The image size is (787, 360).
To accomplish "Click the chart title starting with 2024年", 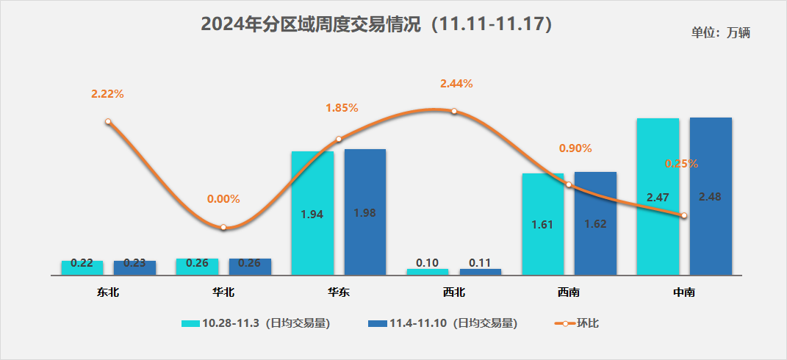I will [x=375, y=24].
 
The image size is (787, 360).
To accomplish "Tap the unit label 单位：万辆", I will [x=720, y=33].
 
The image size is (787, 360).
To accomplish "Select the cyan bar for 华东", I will [x=312, y=213].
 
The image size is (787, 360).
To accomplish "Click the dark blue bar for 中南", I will [x=711, y=196].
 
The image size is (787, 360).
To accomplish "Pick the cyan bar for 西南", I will [x=543, y=224].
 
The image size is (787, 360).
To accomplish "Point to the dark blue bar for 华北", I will [x=250, y=266].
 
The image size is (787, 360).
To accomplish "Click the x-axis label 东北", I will [x=107, y=292].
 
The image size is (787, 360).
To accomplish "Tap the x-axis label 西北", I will [x=453, y=292].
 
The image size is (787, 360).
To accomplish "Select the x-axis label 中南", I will [x=684, y=292].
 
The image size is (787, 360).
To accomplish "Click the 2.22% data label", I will [x=107, y=94].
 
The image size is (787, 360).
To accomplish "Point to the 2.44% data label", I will [x=456, y=84].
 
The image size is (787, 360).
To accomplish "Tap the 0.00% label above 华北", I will [x=223, y=199].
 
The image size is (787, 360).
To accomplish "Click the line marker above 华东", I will [x=339, y=139].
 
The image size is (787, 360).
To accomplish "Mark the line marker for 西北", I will [x=454, y=111].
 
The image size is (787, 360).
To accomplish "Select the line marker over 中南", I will [x=684, y=215].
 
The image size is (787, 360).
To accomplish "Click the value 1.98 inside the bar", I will [x=365, y=213].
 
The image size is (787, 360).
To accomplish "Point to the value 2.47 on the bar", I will [x=658, y=198].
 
